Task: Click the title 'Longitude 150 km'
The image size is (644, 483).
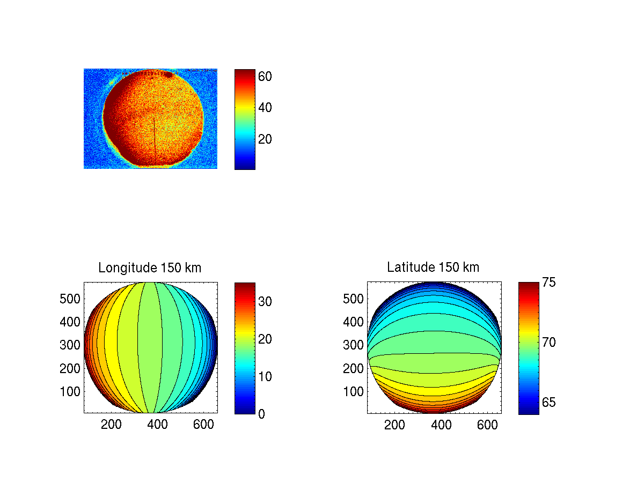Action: point(150,267)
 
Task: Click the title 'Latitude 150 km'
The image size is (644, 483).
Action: point(433,267)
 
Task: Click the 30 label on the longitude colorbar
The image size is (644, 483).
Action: point(265,302)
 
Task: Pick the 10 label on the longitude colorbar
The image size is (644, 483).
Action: point(265,376)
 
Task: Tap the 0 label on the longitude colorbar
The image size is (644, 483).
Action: point(261,414)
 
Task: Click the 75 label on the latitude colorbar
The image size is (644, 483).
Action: point(548,283)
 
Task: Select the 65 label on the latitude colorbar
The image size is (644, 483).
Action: point(548,402)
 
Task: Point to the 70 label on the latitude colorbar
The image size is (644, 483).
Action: point(548,342)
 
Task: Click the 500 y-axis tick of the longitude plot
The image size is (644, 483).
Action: point(70,299)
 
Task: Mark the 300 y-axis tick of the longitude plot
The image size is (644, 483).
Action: point(70,345)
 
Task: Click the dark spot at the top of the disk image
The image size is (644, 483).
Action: point(169,75)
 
